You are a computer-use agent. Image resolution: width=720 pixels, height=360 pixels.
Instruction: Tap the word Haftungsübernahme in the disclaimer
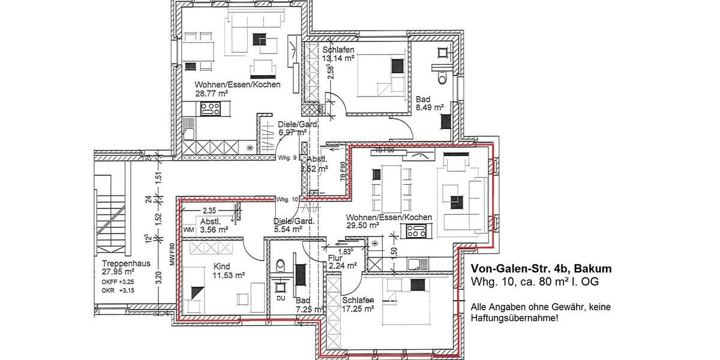click(x=514, y=318)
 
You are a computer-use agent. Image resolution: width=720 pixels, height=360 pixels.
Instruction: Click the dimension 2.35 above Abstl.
click(x=209, y=211)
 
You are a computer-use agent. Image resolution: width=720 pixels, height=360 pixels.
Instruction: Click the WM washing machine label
click(x=188, y=229)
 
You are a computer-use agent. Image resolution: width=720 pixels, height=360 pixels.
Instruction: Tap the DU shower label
click(x=280, y=298)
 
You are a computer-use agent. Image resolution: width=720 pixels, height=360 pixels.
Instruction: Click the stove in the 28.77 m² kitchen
click(x=211, y=109)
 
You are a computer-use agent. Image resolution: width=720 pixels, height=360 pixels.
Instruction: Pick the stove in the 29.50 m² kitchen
click(x=416, y=230)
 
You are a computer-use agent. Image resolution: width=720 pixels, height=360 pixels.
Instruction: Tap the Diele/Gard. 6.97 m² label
click(x=292, y=128)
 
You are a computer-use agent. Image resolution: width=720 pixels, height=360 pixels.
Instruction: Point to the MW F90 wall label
click(x=172, y=255)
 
